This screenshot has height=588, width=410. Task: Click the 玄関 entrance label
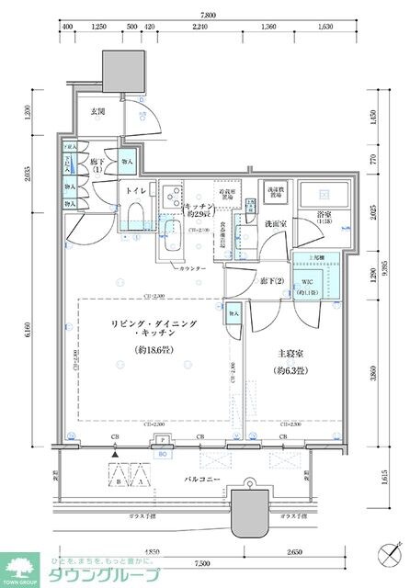click(x=97, y=112)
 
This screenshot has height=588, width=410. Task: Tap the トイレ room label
click(x=135, y=190)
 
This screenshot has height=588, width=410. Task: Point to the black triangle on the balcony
click(x=115, y=454)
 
